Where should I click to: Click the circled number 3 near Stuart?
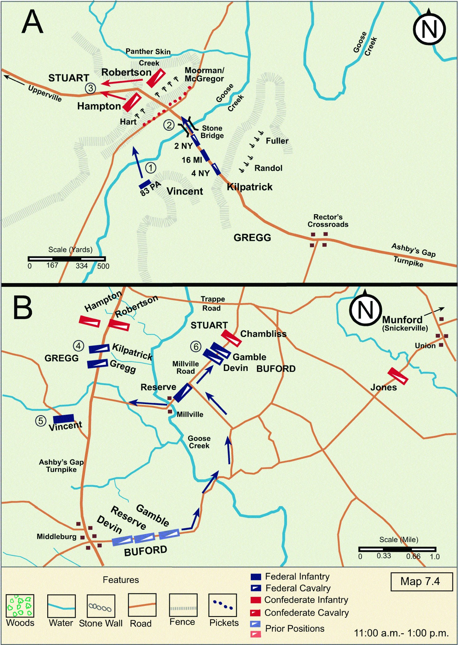pyautogui.click(x=90, y=88)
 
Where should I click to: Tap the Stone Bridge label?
pyautogui.click(x=212, y=132)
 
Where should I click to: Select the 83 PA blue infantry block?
pyautogui.click(x=145, y=183)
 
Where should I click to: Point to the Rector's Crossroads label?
pyautogui.click(x=328, y=220)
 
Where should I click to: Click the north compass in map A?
pyautogui.click(x=429, y=28)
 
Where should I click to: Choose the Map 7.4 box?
pyautogui.click(x=420, y=581)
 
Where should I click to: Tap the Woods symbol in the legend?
pyautogui.click(x=20, y=606)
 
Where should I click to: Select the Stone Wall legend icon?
pyautogui.click(x=100, y=606)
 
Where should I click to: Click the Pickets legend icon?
pyautogui.click(x=223, y=605)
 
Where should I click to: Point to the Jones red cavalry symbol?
pyautogui.click(x=398, y=376)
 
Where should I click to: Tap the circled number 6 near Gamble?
pyautogui.click(x=196, y=346)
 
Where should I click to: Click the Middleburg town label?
pyautogui.click(x=56, y=536)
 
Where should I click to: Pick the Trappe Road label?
pyautogui.click(x=213, y=303)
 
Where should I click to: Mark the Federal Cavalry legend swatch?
pyautogui.click(x=256, y=588)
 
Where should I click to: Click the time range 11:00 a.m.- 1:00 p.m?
pyautogui.click(x=401, y=633)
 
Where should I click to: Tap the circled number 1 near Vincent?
pyautogui.click(x=151, y=168)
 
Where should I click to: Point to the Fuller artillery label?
pyautogui.click(x=277, y=141)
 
